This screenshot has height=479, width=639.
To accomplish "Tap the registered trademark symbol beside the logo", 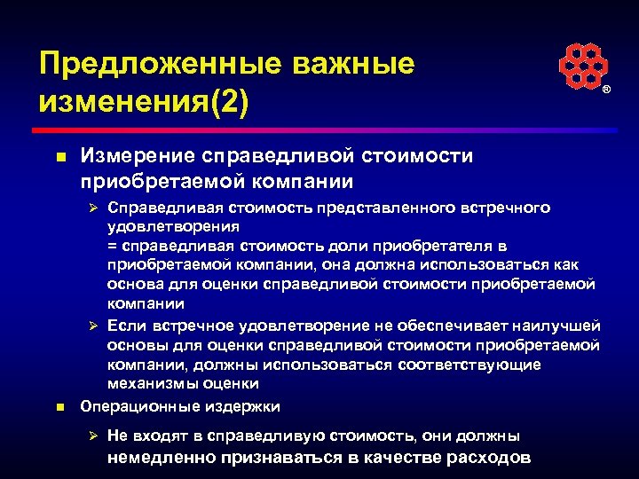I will (x=607, y=91).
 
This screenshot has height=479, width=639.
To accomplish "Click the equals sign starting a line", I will (x=112, y=245).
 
